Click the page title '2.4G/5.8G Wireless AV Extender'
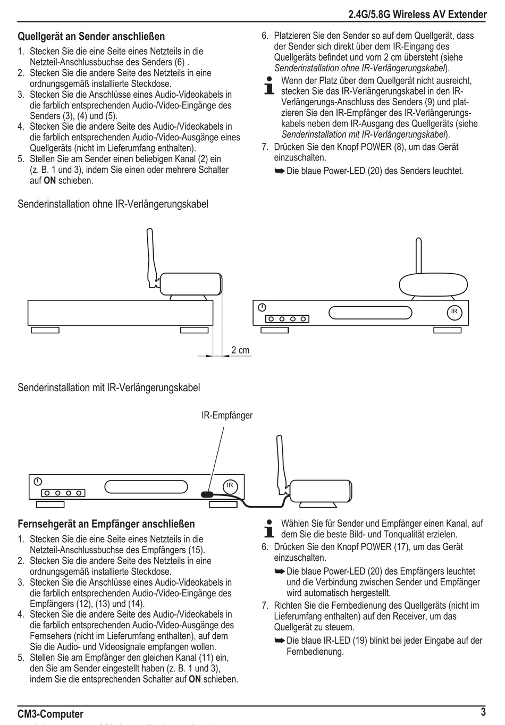(417, 14)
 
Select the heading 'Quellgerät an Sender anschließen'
(91, 36)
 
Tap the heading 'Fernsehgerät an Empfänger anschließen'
(106, 524)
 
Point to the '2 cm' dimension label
(240, 350)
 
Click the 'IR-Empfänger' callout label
(227, 415)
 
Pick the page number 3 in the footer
(483, 712)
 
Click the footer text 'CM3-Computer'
(50, 714)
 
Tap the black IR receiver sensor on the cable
(207, 494)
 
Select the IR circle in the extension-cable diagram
(230, 486)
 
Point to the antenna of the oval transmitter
(418, 256)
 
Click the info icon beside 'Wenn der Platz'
(268, 86)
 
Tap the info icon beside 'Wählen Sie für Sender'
(268, 528)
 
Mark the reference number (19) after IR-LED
(359, 640)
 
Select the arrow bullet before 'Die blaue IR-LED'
(280, 640)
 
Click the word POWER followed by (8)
(376, 147)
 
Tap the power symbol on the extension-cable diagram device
(38, 482)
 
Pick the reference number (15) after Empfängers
(196, 550)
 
